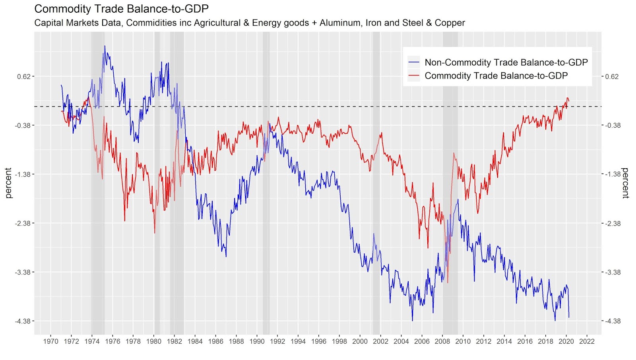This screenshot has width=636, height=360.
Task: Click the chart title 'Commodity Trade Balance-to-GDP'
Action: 122,9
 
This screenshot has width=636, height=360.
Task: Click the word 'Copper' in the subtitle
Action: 450,23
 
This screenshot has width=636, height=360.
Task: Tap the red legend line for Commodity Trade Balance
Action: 414,76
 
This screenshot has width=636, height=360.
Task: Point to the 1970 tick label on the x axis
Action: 50,341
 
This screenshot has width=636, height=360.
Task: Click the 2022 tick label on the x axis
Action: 587,341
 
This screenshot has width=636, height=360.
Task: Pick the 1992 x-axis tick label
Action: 277,341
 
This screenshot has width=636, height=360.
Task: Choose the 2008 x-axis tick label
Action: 442,341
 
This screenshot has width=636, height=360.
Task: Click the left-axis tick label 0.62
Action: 24,76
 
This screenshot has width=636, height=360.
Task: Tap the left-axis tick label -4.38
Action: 23,321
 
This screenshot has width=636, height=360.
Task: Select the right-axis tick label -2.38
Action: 613,223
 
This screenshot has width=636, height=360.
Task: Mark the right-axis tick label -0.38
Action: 613,125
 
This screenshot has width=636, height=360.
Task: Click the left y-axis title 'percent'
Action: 8,183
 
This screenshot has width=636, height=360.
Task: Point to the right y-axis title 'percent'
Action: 626,183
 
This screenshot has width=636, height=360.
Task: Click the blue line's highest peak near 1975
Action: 105,46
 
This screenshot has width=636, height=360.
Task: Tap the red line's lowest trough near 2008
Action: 448,283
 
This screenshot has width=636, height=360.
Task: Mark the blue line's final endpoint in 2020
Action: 569,317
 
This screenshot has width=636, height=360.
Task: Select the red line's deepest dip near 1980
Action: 155,233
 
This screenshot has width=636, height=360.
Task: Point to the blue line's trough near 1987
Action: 226,257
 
